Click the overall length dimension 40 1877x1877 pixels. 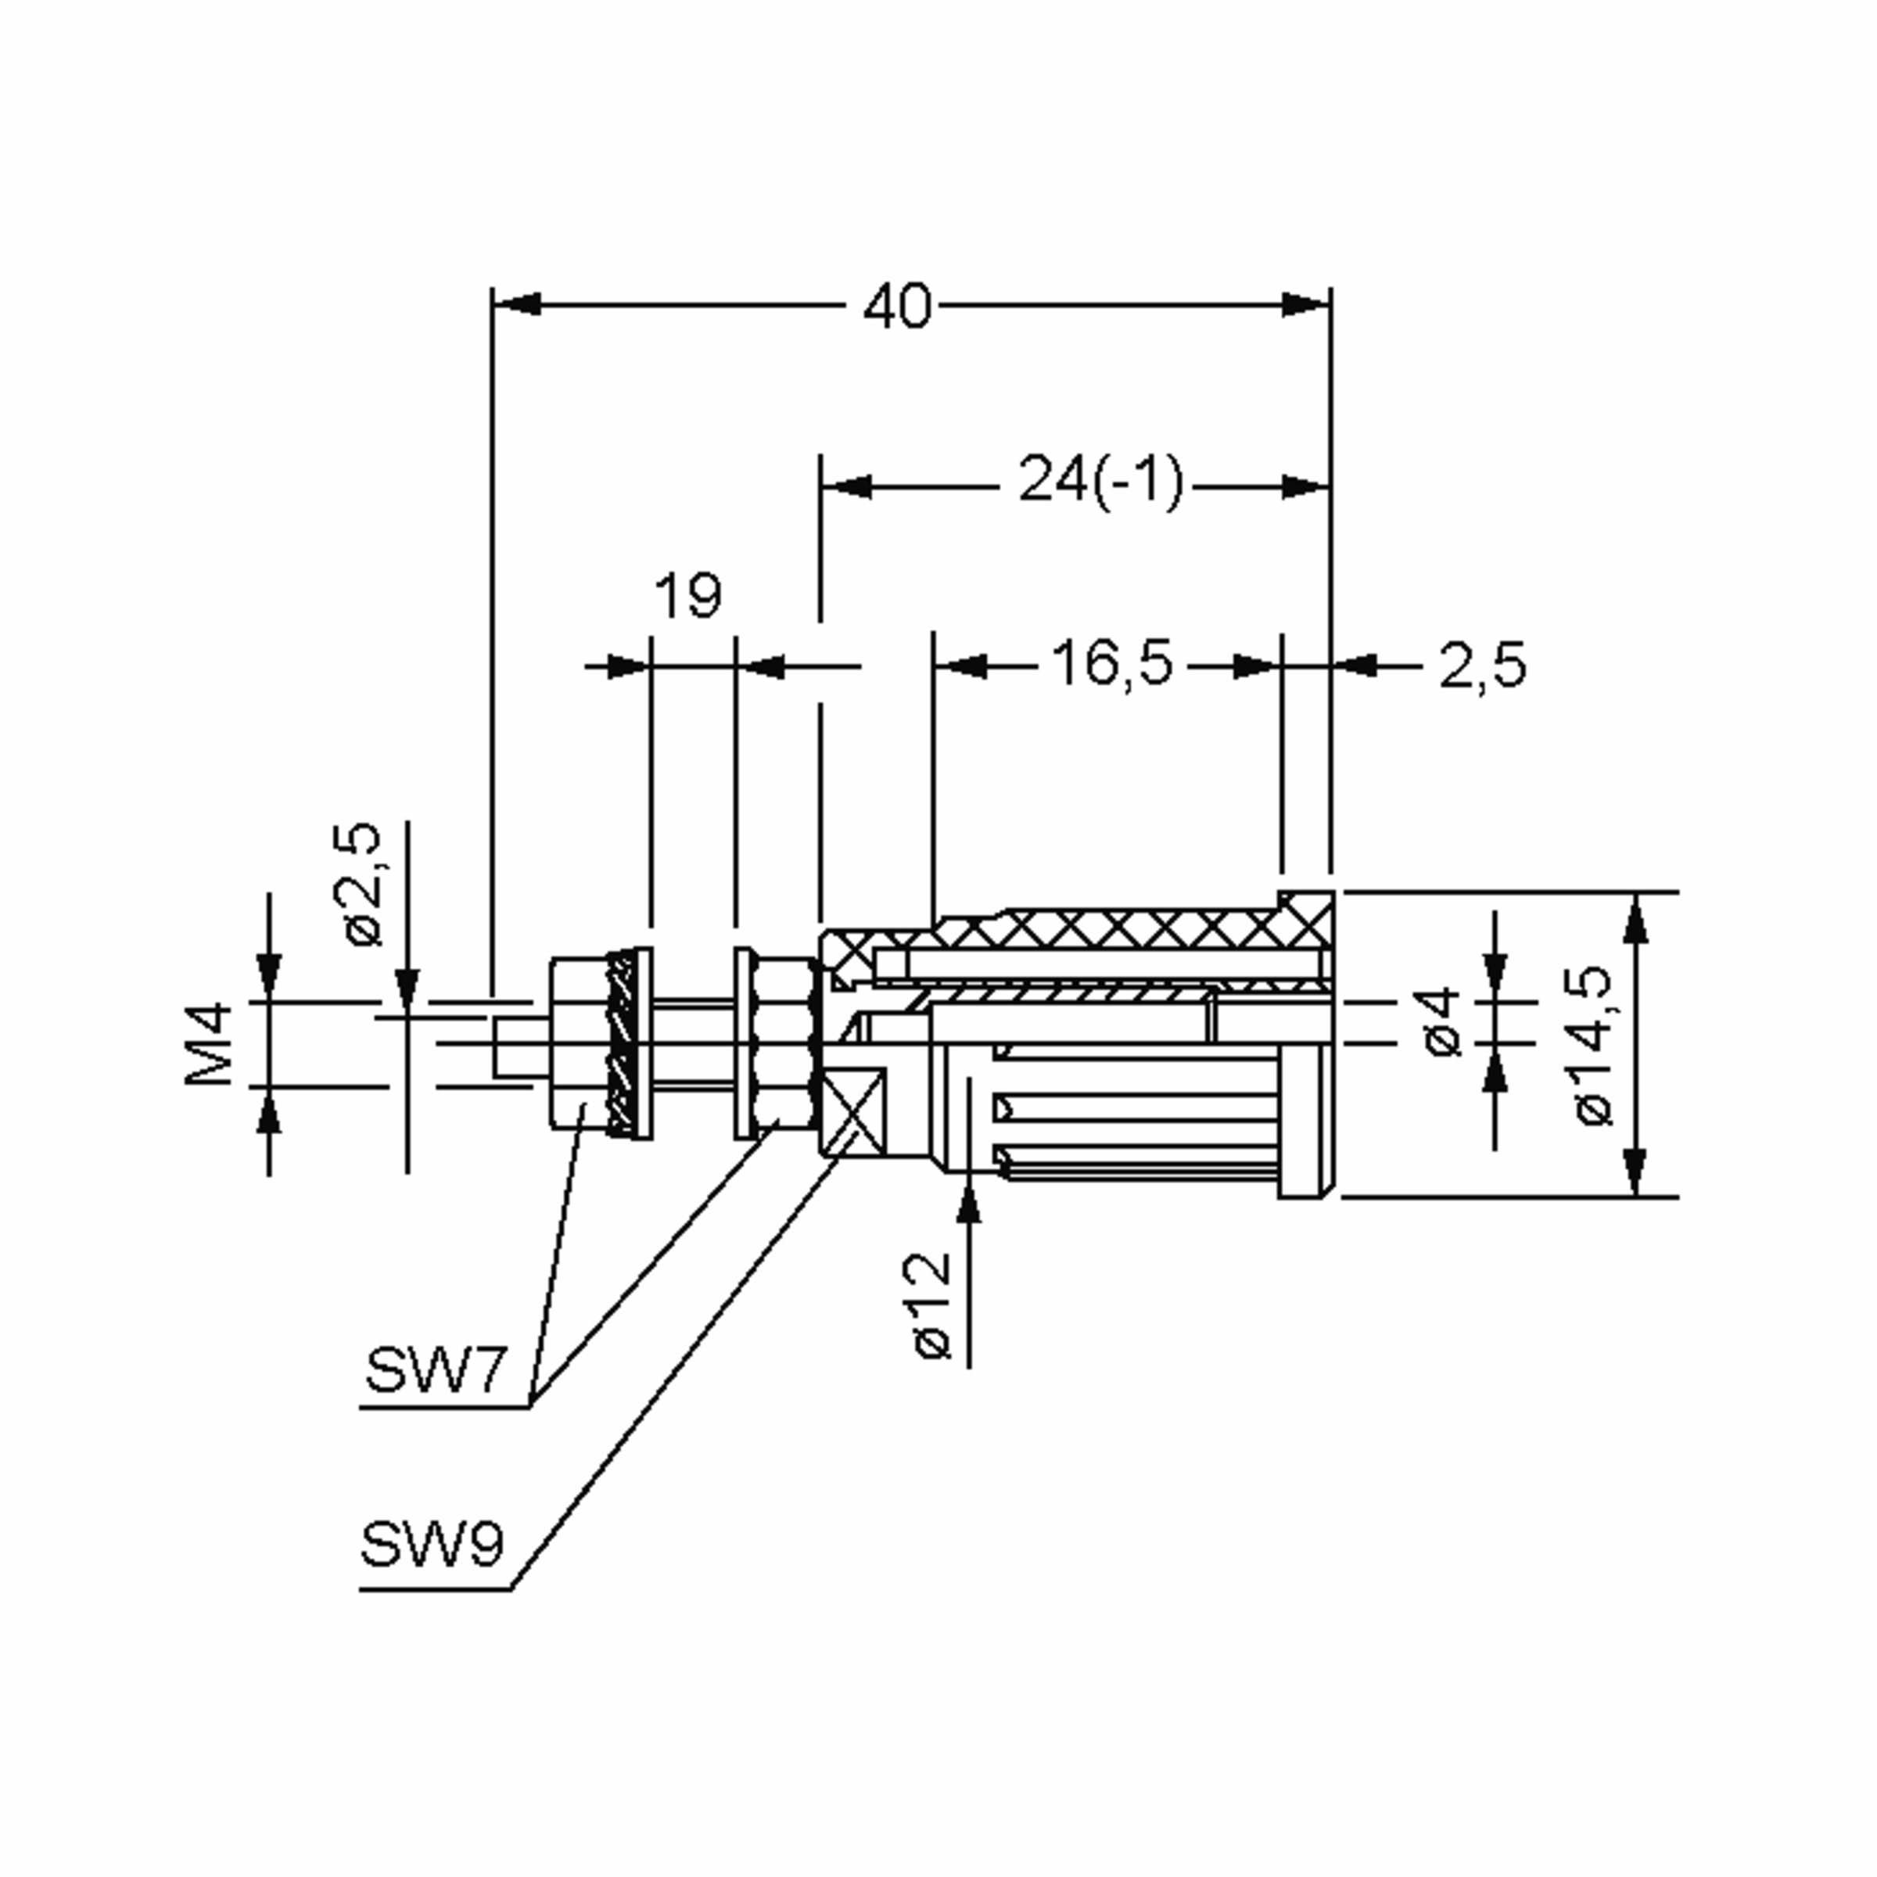tap(897, 306)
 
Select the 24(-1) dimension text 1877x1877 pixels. tap(1100, 482)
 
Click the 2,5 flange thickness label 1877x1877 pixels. tap(1481, 666)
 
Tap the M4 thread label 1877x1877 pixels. tap(209, 1044)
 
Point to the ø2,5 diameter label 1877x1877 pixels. tap(364, 884)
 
